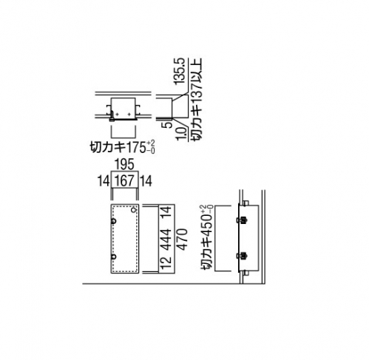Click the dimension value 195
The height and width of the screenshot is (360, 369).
click(125, 164)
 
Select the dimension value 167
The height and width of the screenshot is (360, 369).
click(125, 181)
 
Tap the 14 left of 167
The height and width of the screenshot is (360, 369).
click(104, 181)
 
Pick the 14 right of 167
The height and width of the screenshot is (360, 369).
click(146, 181)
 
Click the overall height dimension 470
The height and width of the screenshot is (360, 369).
click(183, 240)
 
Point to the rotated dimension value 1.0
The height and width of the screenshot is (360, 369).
click(181, 133)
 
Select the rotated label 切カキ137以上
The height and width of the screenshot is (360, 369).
click(197, 99)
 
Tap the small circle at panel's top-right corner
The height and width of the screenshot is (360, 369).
click(134, 210)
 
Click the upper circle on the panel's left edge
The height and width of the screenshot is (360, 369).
click(113, 221)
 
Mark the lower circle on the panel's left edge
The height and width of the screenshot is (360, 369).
click(113, 257)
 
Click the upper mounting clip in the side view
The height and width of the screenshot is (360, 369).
click(243, 220)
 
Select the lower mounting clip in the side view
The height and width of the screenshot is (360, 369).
click(243, 256)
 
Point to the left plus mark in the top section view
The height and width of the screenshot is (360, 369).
click(118, 114)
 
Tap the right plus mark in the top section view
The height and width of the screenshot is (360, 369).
click(129, 114)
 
